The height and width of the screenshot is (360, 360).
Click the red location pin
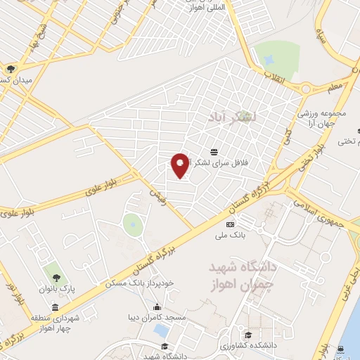click(x=180, y=165)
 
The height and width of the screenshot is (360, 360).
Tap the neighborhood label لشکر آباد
click(x=231, y=117)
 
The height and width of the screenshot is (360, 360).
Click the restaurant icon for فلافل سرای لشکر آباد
click(x=214, y=152)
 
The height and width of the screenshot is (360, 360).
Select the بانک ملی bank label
click(x=230, y=237)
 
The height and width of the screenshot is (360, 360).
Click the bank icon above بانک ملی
click(x=230, y=224)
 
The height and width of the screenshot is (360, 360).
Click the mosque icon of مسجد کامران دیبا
click(x=157, y=308)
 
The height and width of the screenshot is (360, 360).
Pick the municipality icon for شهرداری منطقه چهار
click(x=55, y=308)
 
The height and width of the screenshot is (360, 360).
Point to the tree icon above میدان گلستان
click(x=11, y=69)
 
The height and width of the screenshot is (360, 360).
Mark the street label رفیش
click(x=157, y=194)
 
